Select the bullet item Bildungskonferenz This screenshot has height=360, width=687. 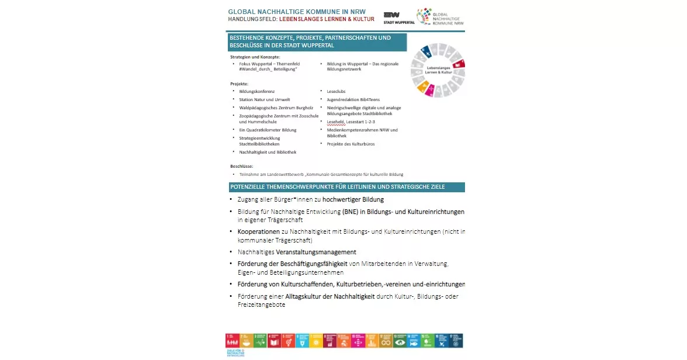(x=256, y=92)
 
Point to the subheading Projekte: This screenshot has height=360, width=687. (x=240, y=84)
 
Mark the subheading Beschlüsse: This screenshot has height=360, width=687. (x=242, y=167)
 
